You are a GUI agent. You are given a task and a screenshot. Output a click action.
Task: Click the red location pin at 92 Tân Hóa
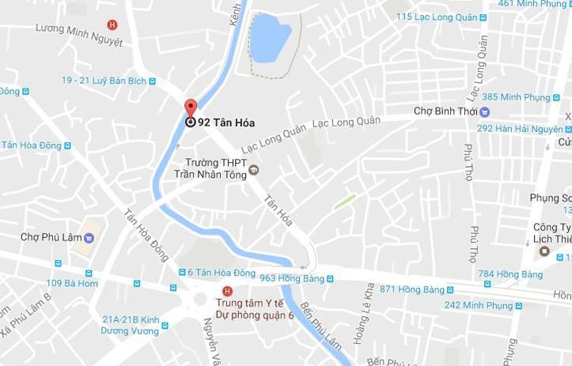coord(190,109)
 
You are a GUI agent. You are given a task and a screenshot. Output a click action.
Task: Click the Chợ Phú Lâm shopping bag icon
coord(89,236)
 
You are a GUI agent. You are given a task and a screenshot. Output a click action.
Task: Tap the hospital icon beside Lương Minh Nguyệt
coord(112,25)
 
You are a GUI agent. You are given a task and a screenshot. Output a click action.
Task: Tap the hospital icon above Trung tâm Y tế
coord(228,290)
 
